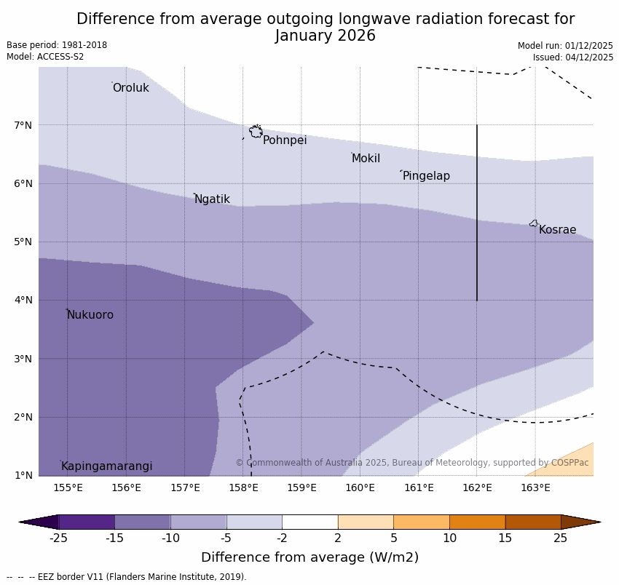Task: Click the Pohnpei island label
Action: [x=285, y=140]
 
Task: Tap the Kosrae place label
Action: [x=557, y=230]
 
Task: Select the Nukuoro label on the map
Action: [x=90, y=315]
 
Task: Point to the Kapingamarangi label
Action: [x=106, y=466]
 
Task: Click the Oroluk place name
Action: [x=130, y=88]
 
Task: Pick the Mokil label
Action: [x=366, y=159]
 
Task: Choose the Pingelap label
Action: [x=426, y=176]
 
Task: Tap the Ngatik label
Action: [x=212, y=199]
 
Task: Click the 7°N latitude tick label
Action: [x=23, y=125]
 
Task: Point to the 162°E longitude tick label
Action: [x=477, y=488]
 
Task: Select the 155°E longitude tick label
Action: [x=68, y=488]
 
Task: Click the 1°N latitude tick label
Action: [x=23, y=475]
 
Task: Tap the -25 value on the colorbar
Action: [x=58, y=538]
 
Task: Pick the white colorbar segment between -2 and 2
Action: [x=309, y=522]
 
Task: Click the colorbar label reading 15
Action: [x=505, y=538]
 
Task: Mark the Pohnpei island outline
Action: [x=256, y=132]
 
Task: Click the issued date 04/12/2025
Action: [x=587, y=57]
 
